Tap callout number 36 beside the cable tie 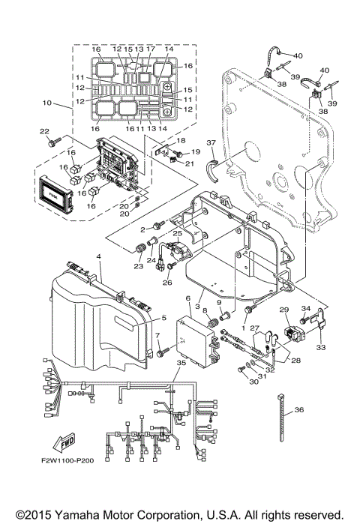click(x=300, y=409)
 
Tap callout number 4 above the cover click(x=97, y=256)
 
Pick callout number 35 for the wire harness click(x=179, y=362)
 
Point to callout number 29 click(x=284, y=309)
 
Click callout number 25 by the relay click(x=177, y=234)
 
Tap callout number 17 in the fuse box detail click(x=149, y=49)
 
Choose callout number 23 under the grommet click(x=138, y=265)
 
